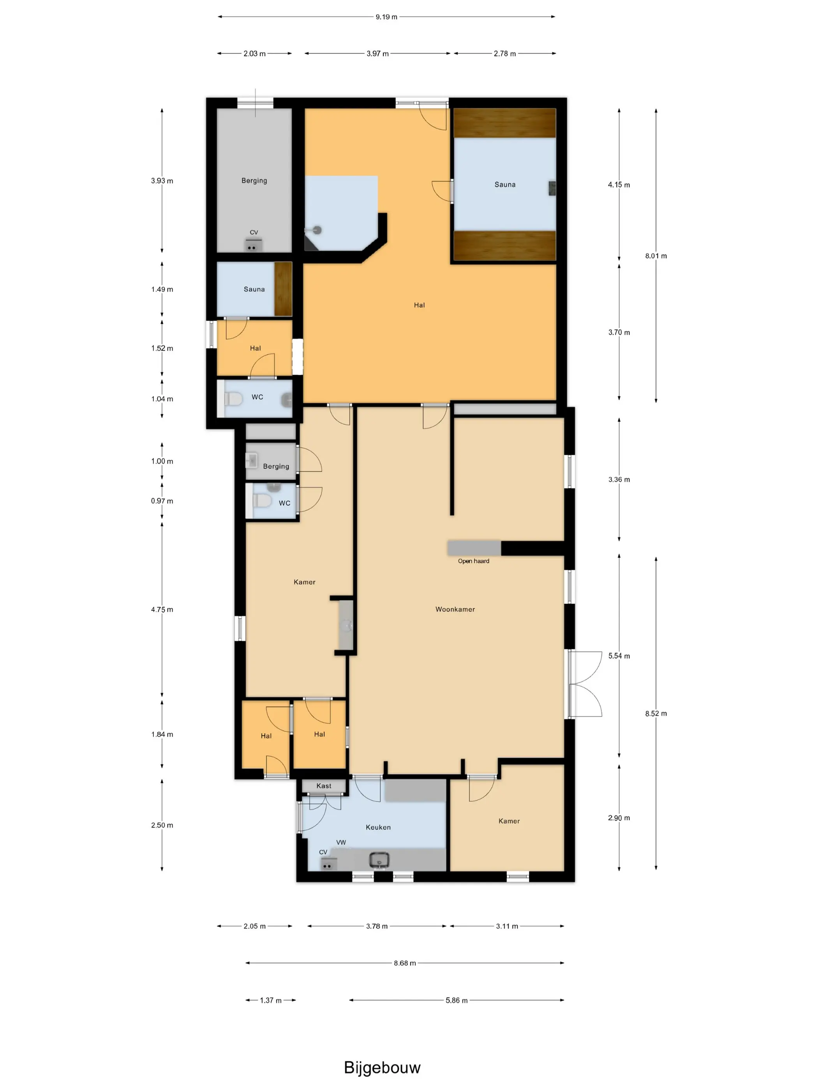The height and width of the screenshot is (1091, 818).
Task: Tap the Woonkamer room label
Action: [x=455, y=609]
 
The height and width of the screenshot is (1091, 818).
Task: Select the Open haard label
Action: [x=473, y=561]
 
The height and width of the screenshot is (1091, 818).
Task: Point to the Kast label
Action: [x=324, y=786]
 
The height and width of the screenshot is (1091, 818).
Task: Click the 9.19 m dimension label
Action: [x=386, y=17]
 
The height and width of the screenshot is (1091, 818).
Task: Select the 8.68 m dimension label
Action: [x=405, y=963]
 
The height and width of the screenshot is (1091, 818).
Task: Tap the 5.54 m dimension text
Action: [x=619, y=656]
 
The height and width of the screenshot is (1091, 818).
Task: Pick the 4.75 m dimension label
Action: [x=162, y=610]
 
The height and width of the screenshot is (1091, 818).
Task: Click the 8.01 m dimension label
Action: [x=656, y=256]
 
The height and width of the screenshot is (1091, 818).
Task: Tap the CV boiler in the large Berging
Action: [x=254, y=245]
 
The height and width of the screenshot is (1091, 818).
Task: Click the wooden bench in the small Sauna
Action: [x=283, y=289]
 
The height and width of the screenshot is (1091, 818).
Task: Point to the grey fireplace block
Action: [x=474, y=549]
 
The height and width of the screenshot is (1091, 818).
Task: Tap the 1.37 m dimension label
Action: [x=271, y=1000]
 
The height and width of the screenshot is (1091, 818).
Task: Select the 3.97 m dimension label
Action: [x=377, y=53]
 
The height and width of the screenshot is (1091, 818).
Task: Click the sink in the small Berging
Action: [x=252, y=461]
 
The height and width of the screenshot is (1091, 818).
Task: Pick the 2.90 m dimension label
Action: [x=619, y=818]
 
